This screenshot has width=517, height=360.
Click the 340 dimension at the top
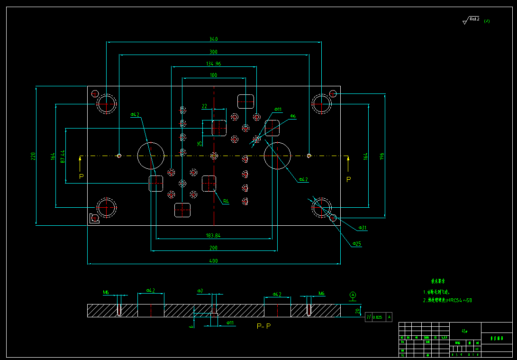tap(214, 39)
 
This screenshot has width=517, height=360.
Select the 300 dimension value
tap(214, 52)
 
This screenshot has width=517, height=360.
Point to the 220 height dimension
tap(33, 156)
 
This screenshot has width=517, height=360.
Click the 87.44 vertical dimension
tap(63, 156)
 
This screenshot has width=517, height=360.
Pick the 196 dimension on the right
tap(382, 156)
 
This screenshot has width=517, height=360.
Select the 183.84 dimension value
tap(214, 235)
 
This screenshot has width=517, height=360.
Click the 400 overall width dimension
tap(214, 261)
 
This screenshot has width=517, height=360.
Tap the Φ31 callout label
tap(363, 228)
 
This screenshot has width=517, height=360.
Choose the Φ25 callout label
tap(357, 244)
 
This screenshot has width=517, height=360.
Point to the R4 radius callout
tap(226, 202)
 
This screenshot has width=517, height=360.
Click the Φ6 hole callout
tap(293, 116)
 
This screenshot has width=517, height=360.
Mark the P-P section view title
tap(263, 326)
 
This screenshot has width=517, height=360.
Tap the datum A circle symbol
tap(353, 295)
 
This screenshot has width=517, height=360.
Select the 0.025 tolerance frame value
tap(377, 317)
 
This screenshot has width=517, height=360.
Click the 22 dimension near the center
tap(205, 106)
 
